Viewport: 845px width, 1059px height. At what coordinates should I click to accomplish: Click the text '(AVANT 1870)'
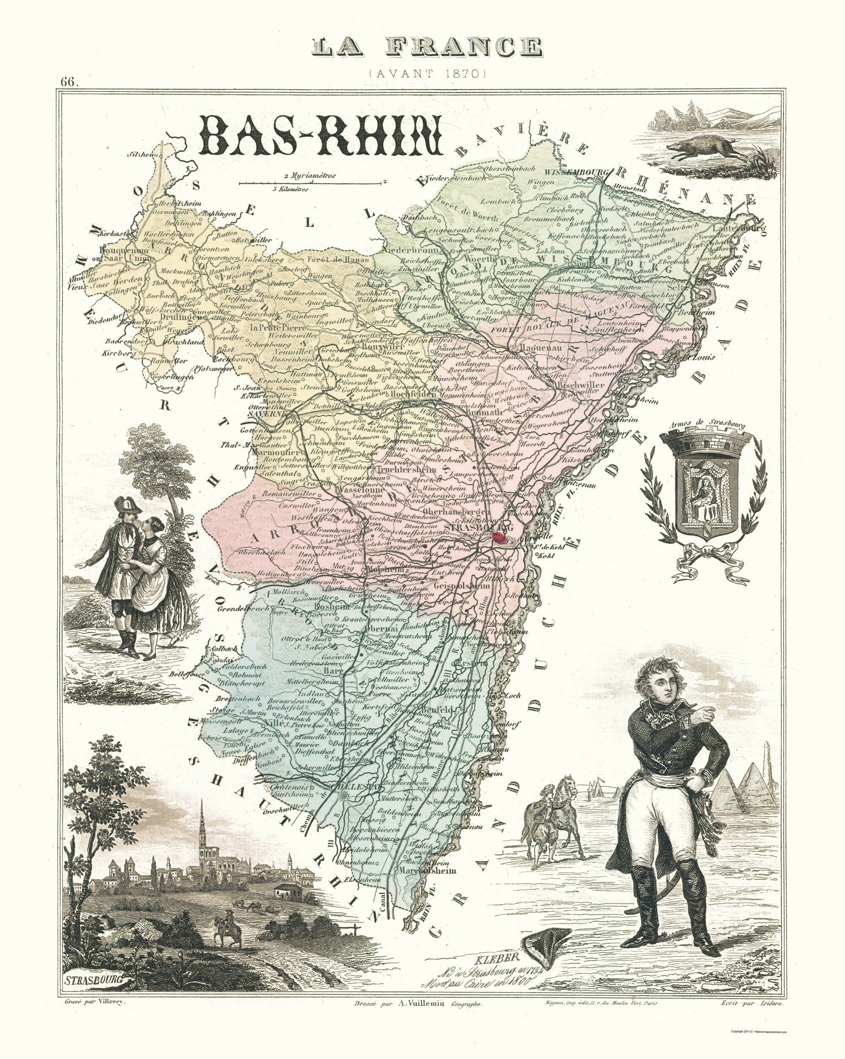click(x=427, y=74)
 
